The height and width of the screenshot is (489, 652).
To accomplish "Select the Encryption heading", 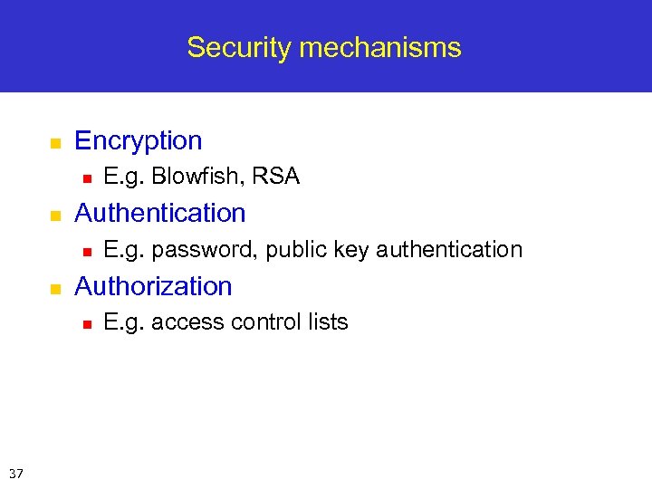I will click(138, 141).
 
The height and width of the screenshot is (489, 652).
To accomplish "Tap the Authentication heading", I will click(159, 214).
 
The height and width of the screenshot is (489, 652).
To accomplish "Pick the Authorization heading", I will click(153, 286).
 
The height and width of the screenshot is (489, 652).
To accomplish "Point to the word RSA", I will click(276, 177).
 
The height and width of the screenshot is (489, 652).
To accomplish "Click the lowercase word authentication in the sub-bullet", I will click(449, 250).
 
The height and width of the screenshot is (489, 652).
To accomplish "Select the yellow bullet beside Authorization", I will click(54, 289).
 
